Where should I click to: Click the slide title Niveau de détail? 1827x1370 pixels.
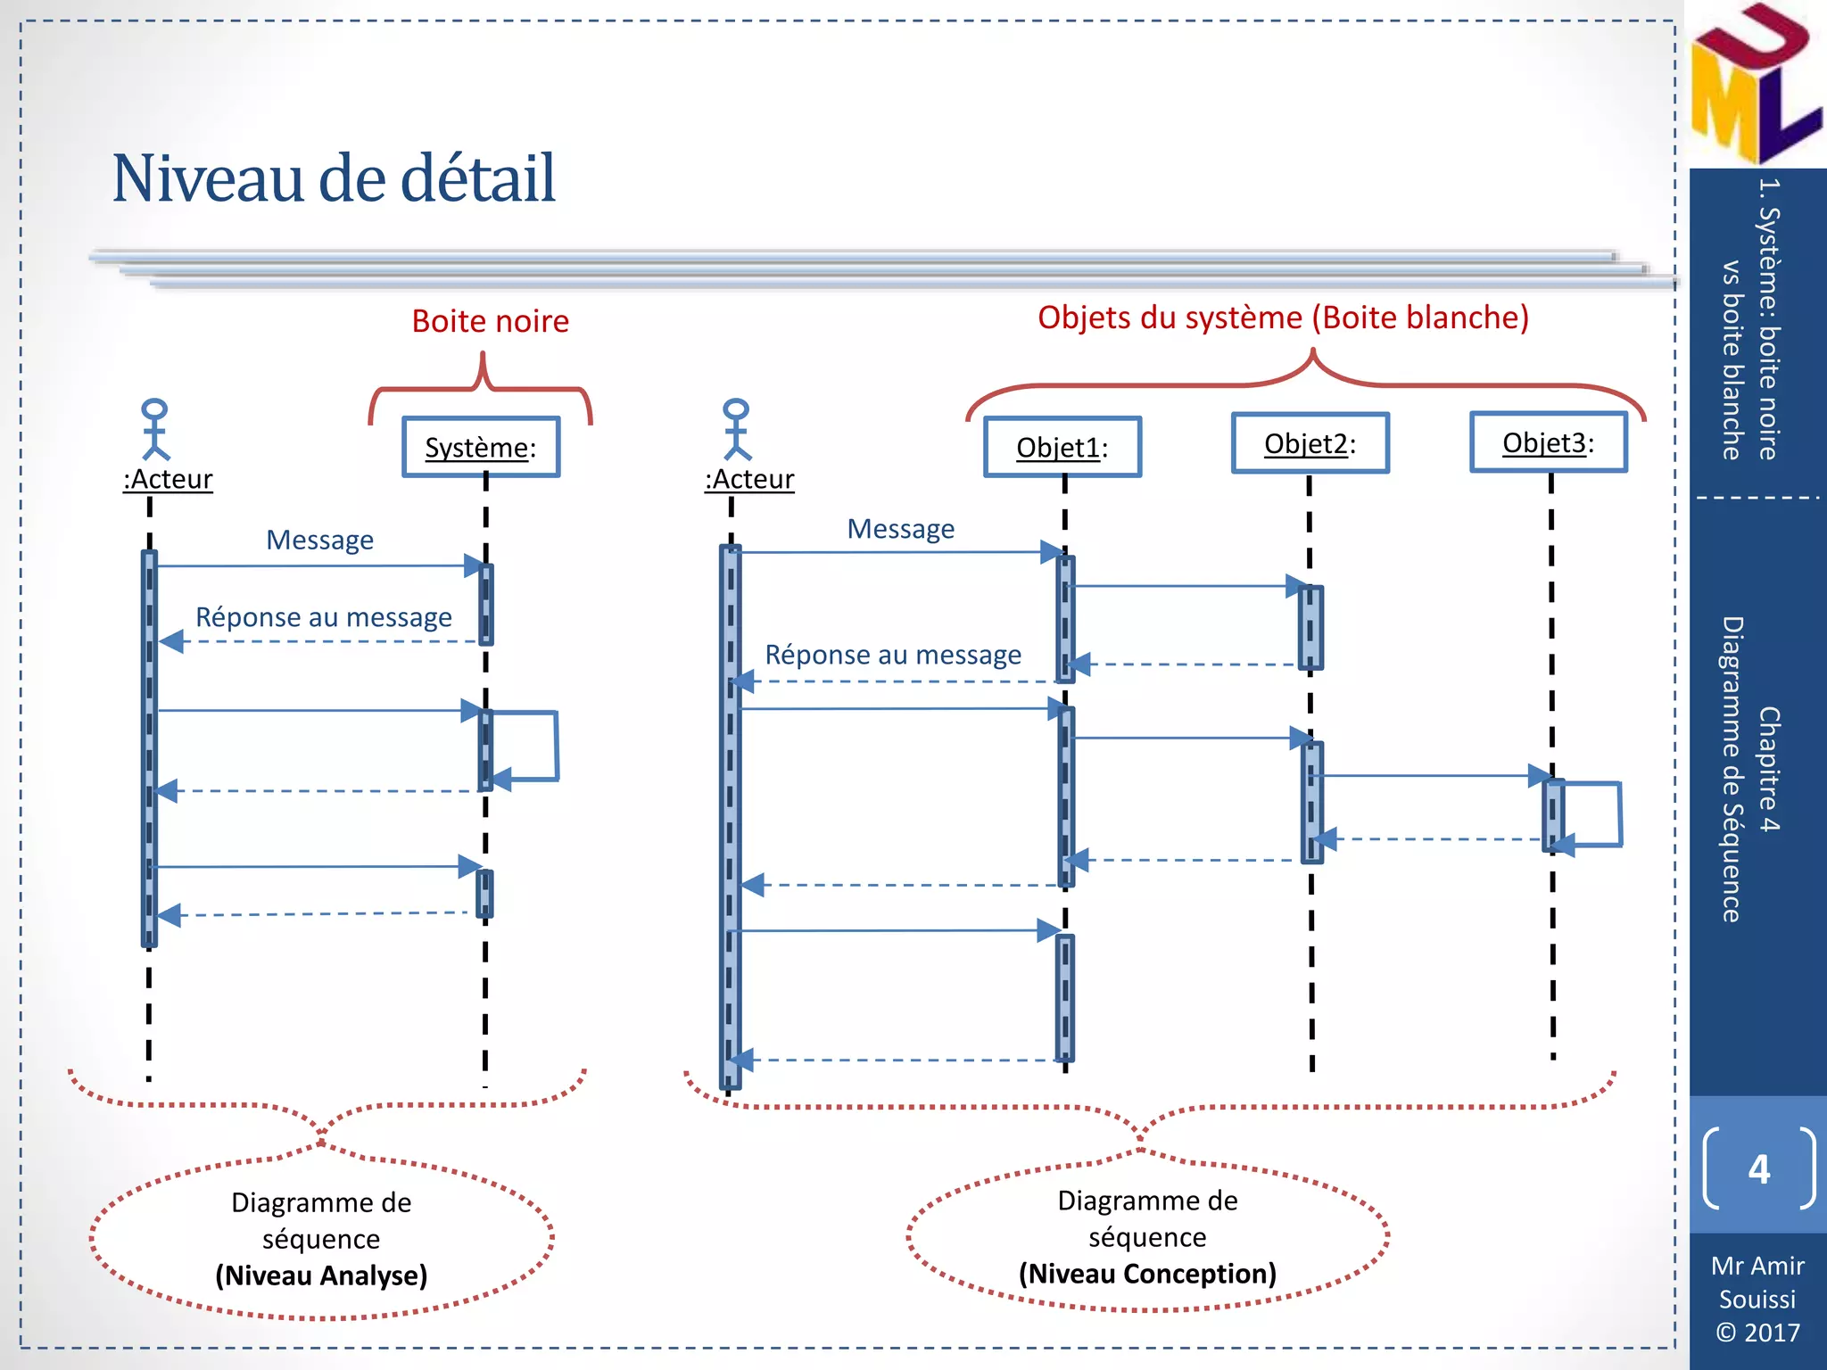[x=334, y=178]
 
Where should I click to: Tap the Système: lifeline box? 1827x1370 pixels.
[x=481, y=447]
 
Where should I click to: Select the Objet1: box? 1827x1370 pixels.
[x=1062, y=447]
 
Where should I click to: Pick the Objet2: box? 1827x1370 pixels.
[x=1310, y=443]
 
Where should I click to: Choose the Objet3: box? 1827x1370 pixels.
[x=1548, y=442]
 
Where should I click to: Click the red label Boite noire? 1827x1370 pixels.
[x=490, y=321]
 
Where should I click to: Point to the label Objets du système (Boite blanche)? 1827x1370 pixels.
[x=1283, y=318]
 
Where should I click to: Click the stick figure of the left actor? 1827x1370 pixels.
[x=155, y=429]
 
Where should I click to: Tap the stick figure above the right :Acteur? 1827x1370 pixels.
[x=736, y=429]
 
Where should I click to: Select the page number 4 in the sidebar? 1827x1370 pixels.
[x=1758, y=1168]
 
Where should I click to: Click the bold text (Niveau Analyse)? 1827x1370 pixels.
[x=321, y=1275]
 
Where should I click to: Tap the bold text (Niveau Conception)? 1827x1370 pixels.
[x=1147, y=1274]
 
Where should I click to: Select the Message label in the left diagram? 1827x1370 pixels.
[x=319, y=541]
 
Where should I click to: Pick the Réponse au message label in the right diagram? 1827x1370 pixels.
[x=893, y=655]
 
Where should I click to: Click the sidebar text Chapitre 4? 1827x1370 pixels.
[x=1768, y=769]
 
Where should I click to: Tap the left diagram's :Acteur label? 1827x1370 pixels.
[x=168, y=480]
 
